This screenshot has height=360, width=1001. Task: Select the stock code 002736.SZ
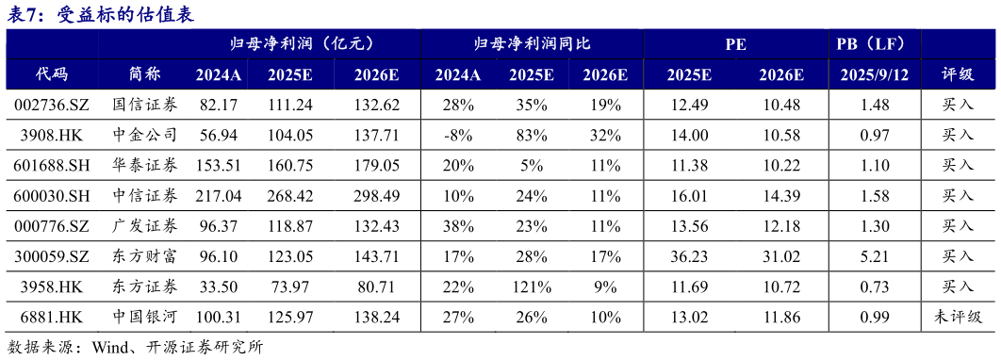pos(53,106)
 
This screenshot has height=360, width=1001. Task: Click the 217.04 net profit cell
pos(219,196)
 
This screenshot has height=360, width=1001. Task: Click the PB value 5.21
pos(875,256)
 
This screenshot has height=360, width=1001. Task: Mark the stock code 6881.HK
pos(53,317)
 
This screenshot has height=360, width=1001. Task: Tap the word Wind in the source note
pos(111,347)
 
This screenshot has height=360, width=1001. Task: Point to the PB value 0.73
pos(875,286)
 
